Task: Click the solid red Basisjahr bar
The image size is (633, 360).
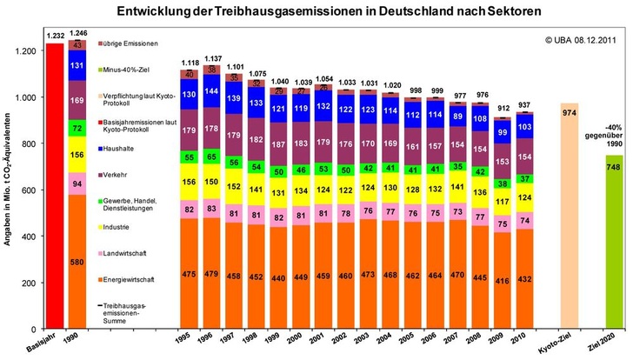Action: pos(55,187)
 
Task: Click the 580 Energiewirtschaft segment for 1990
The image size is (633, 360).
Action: pos(78,262)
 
